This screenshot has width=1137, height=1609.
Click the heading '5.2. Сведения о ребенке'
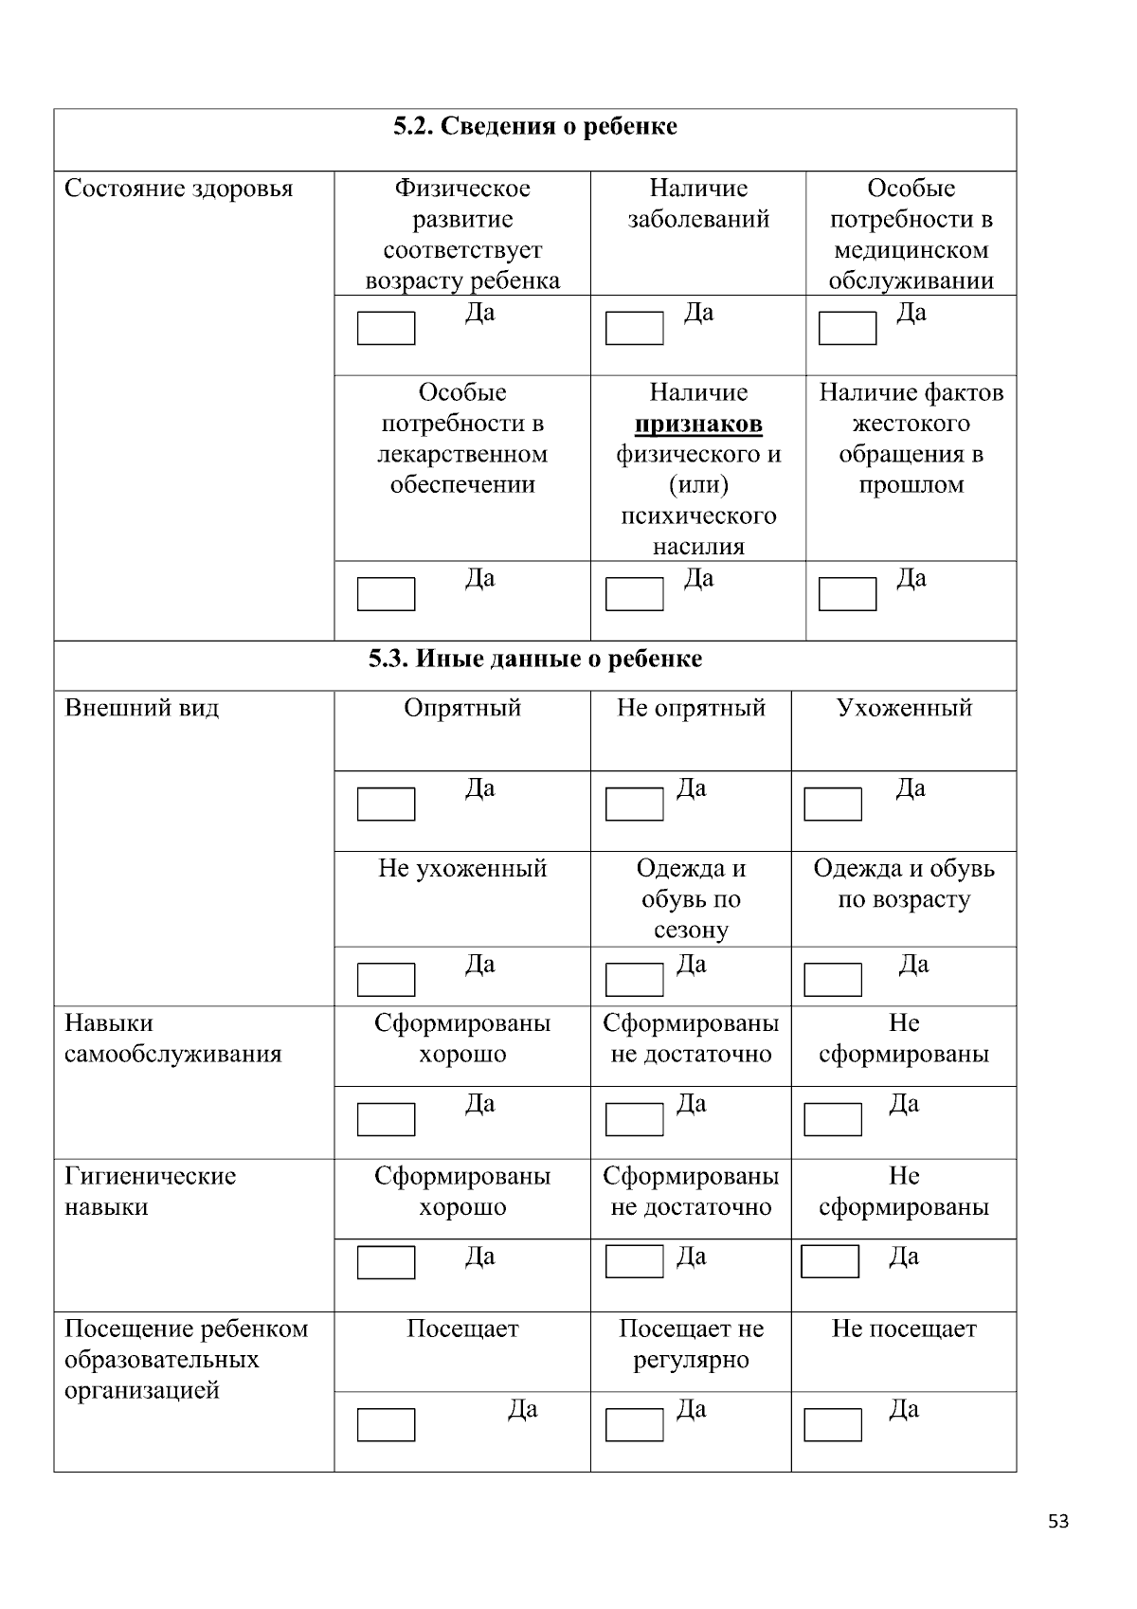click(535, 127)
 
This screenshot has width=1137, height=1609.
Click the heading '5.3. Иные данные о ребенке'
click(535, 660)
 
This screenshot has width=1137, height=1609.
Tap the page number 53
click(1058, 1522)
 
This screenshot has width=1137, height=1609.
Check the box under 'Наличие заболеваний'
click(634, 329)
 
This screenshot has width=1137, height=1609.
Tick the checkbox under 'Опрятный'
click(386, 804)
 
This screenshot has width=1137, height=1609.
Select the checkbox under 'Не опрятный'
click(634, 804)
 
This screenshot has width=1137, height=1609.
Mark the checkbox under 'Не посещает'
click(833, 1425)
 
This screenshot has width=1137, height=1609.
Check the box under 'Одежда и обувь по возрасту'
click(833, 980)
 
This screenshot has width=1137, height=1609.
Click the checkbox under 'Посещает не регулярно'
click(634, 1425)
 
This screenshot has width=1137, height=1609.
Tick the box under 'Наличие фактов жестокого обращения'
click(847, 594)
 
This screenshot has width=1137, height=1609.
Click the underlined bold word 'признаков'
click(698, 424)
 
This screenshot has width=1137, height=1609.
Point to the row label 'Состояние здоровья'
click(179, 189)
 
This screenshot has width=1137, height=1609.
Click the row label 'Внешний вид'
click(141, 709)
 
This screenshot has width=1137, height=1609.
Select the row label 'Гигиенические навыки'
click(150, 1191)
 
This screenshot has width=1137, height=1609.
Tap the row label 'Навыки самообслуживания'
click(172, 1039)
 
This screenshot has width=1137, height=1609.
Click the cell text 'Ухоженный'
click(904, 709)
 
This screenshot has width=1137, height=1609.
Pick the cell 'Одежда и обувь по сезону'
click(691, 899)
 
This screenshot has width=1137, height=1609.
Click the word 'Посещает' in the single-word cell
click(462, 1329)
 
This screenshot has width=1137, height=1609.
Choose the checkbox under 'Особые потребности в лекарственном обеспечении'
click(386, 594)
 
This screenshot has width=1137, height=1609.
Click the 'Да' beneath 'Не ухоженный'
click(479, 965)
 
